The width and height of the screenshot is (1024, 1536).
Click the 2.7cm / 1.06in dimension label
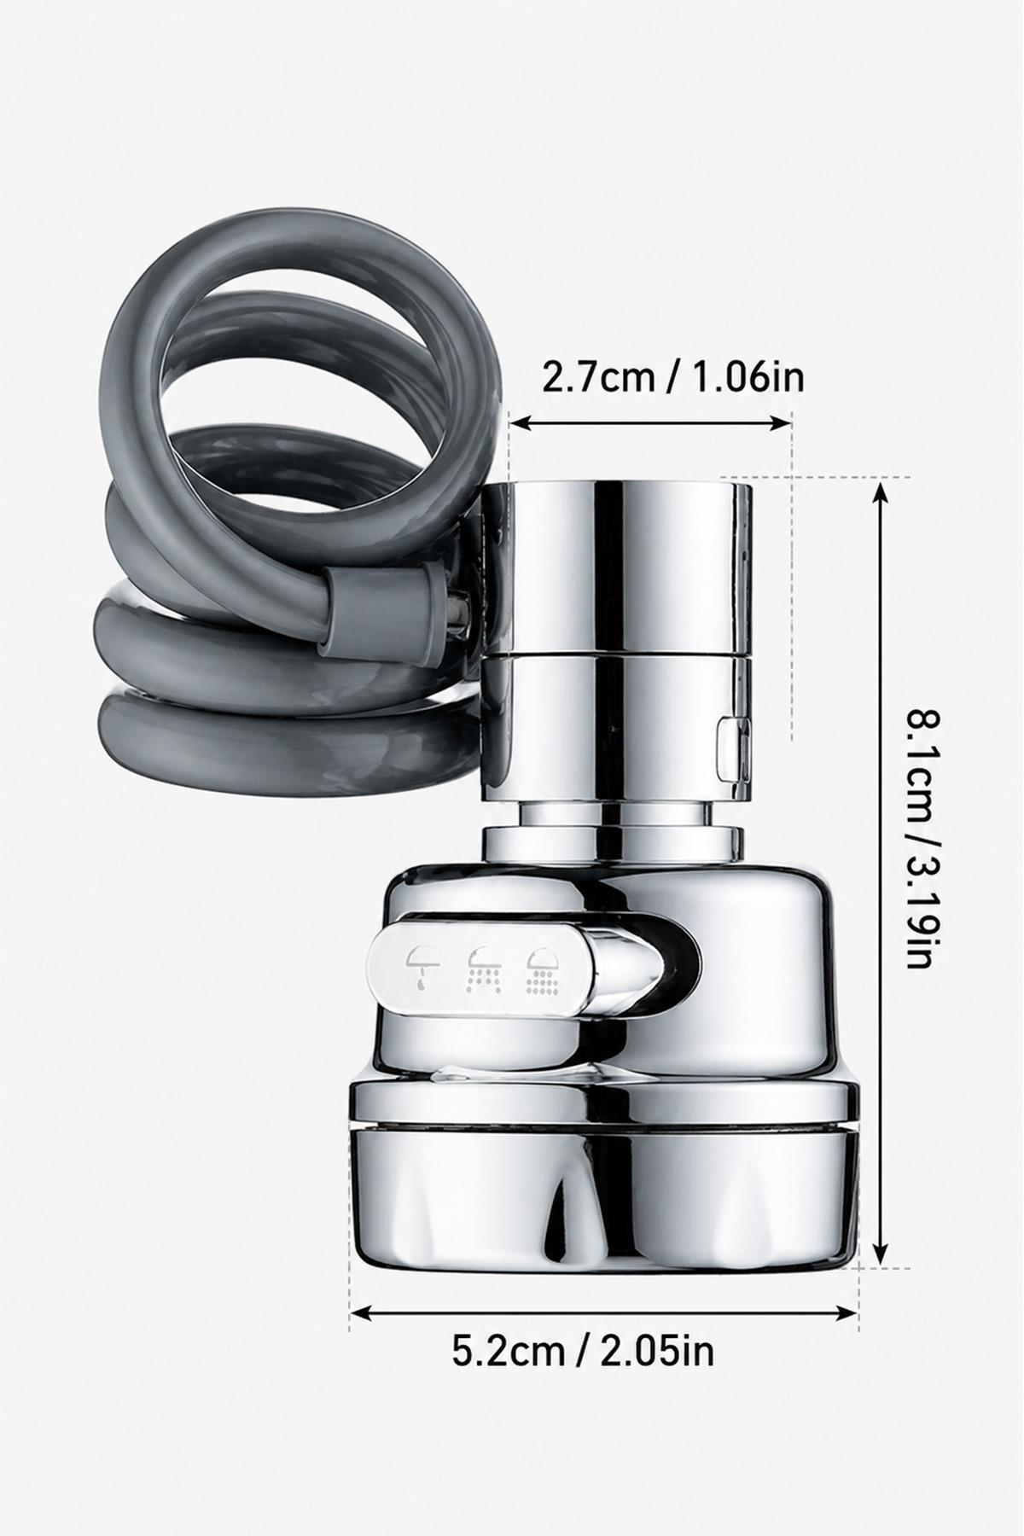click(673, 376)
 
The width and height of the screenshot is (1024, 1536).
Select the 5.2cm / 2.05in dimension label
click(583, 1351)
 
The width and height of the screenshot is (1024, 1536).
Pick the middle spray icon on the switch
click(481, 968)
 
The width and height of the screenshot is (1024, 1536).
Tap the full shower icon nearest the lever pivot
click(542, 969)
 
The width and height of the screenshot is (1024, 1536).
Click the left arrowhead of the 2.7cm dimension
click(520, 421)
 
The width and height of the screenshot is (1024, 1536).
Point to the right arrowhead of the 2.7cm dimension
click(782, 421)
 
